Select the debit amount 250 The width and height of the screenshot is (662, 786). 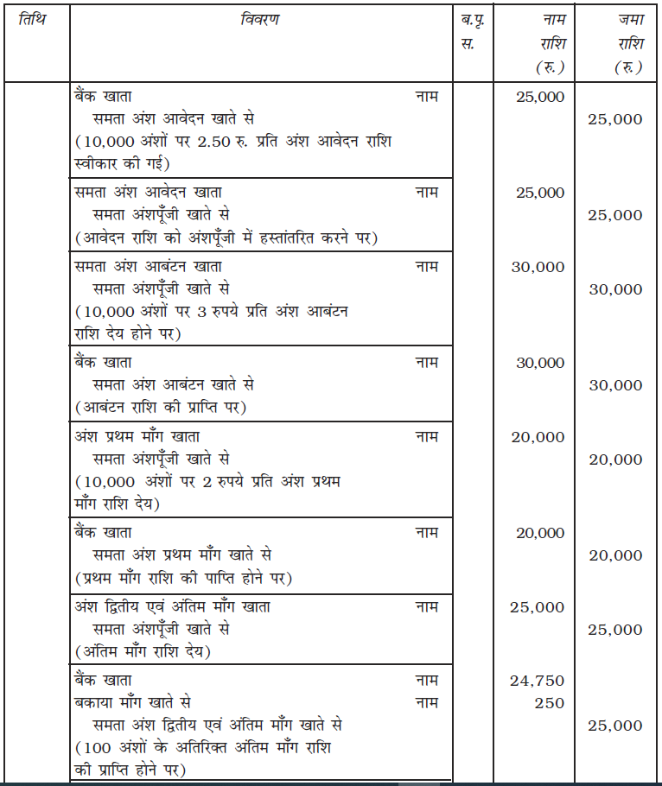(549, 703)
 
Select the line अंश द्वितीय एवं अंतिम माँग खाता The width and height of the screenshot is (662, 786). (172, 607)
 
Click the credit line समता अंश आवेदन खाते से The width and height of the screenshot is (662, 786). (174, 118)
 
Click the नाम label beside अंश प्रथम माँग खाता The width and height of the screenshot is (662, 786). (427, 437)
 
